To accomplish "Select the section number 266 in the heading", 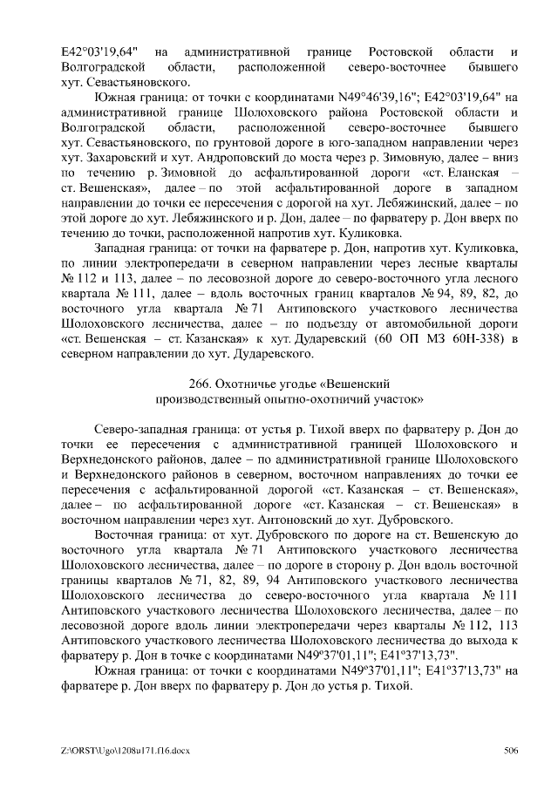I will (x=200, y=384).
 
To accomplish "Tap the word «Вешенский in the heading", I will (x=351, y=384).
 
